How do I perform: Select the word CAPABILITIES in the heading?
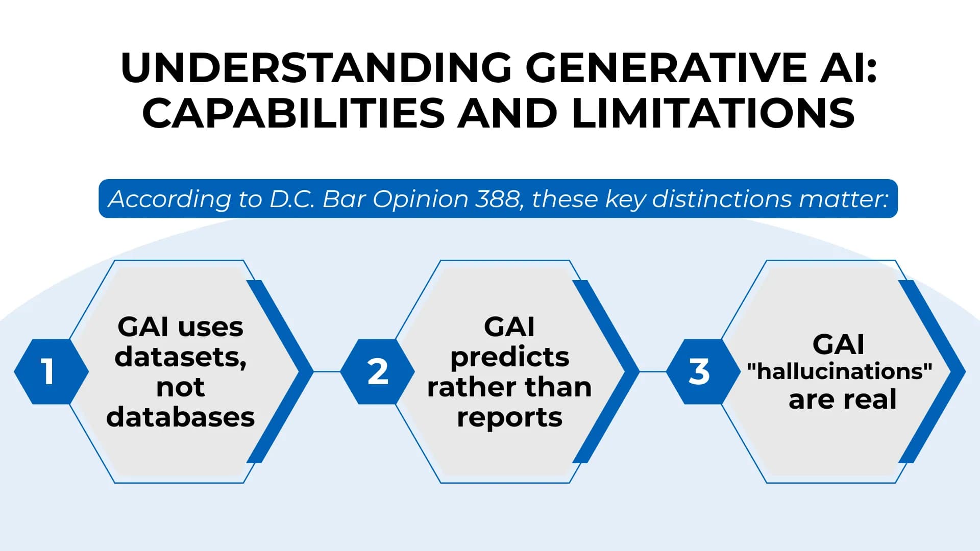293,113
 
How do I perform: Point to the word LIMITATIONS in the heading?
713,113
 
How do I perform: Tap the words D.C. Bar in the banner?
317,199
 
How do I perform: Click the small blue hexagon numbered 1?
50,371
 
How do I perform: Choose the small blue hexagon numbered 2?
377,371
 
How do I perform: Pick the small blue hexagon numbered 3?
699,371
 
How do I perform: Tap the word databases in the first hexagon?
180,417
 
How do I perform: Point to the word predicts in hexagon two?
509,357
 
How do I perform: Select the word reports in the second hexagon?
509,417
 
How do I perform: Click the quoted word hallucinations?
840,371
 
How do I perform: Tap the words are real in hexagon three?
842,399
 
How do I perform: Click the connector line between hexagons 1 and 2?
327,371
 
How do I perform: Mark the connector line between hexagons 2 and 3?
652,371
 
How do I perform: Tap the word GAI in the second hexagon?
509,327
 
